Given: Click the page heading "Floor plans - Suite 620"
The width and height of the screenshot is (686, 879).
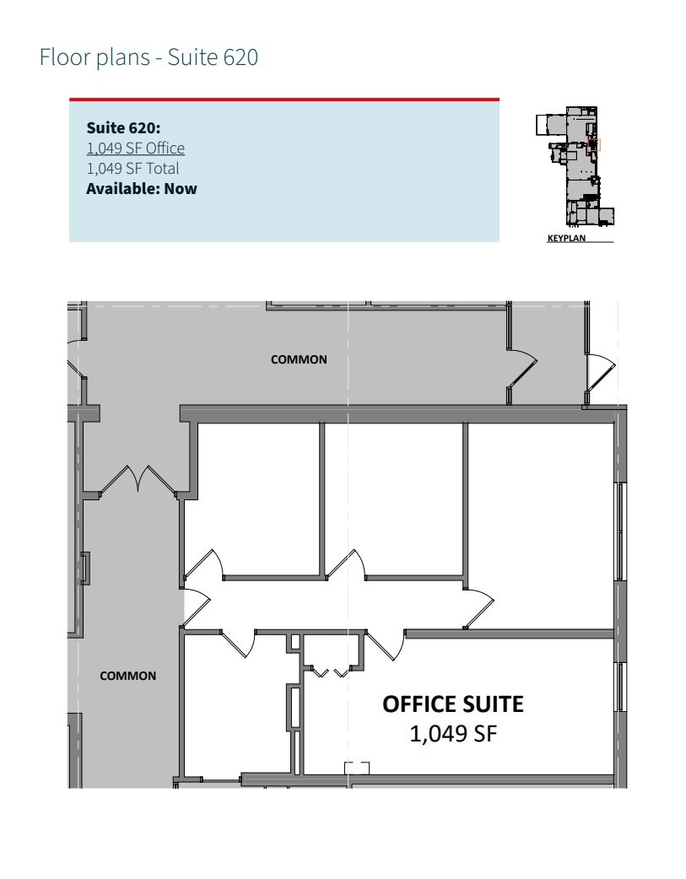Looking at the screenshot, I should (x=149, y=58).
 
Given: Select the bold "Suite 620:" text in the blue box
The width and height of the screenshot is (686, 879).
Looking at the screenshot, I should (x=123, y=128).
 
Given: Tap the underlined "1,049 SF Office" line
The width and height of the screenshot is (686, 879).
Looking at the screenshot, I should (x=135, y=148).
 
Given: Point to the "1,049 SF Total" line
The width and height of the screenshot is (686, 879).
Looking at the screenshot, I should (x=132, y=169).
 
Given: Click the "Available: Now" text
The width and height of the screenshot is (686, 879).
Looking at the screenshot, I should (x=142, y=188).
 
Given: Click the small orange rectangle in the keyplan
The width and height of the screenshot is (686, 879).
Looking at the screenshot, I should (x=593, y=144).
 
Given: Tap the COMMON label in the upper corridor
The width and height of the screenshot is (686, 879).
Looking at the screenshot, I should (x=299, y=359).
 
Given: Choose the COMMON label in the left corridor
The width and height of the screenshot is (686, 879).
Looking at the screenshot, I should (x=127, y=676).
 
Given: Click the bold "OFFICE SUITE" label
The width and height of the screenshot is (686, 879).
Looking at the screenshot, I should (x=453, y=704).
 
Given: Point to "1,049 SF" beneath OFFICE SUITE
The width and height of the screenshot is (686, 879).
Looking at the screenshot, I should (x=453, y=734).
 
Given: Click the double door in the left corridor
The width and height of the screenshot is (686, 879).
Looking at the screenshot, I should (x=137, y=480).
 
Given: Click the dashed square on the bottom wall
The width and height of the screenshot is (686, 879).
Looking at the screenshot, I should (x=357, y=768).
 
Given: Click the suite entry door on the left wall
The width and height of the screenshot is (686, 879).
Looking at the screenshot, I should (x=195, y=605).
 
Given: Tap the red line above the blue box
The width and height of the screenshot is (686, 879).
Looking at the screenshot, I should (x=284, y=100).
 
